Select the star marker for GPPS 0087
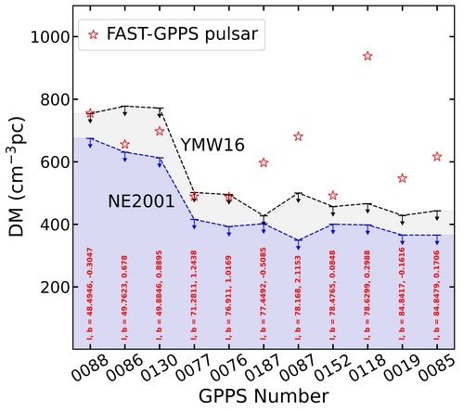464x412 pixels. pyautogui.click(x=298, y=136)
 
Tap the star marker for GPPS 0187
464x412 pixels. pyautogui.click(x=264, y=162)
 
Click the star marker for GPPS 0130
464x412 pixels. pyautogui.click(x=160, y=131)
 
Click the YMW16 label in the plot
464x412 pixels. pyautogui.click(x=213, y=145)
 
